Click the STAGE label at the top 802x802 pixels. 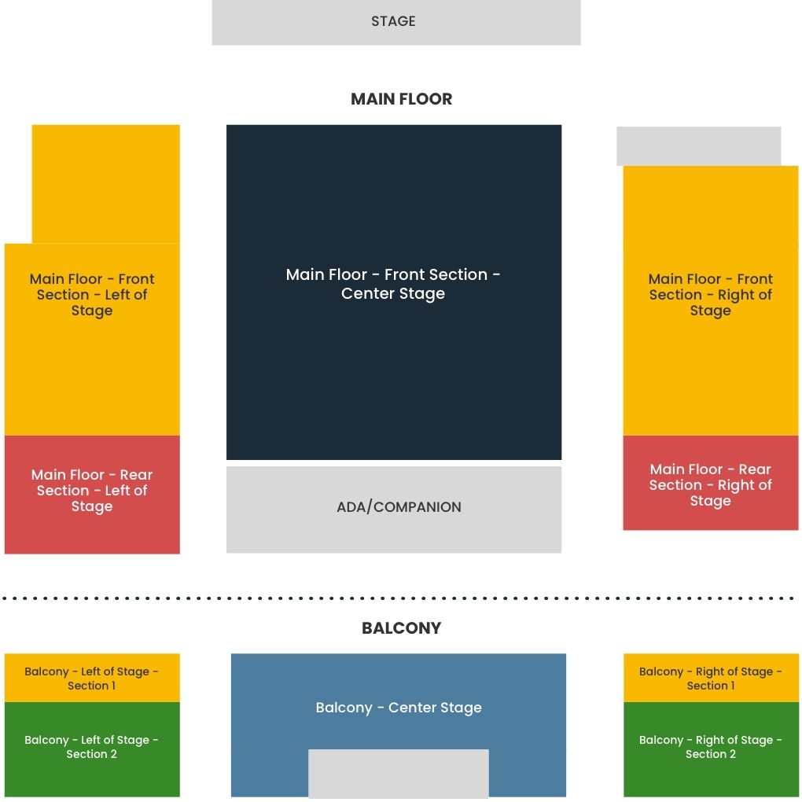pos(393,21)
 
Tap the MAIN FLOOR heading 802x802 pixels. pos(401,99)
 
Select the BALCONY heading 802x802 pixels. pos(401,628)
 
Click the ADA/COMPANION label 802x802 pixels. pos(399,507)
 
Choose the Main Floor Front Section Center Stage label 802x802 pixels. pos(393,284)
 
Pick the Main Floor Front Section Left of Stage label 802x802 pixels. pos(92,295)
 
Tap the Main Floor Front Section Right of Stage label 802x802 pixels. pos(710,295)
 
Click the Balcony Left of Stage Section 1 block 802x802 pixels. pos(92,678)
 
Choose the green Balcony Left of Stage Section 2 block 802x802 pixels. pos(92,748)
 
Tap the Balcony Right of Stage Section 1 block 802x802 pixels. pos(710,678)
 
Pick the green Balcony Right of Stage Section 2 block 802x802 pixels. pos(710,748)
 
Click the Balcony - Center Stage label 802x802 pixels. pos(399,708)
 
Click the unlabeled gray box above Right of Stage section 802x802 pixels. pos(698,145)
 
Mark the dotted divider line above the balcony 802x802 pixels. pos(401,598)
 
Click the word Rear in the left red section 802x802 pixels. pos(136,475)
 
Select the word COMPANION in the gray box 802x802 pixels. pos(418,507)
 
